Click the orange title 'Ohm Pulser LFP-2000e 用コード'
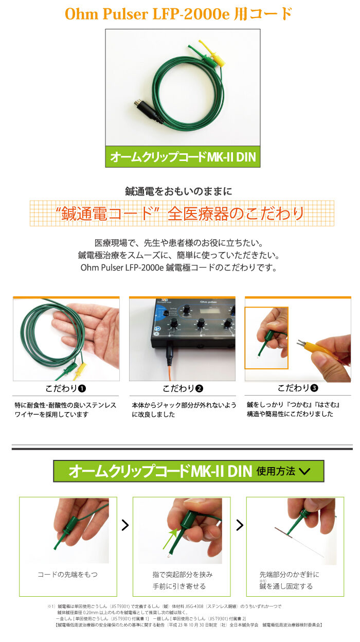[178, 14]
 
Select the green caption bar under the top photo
[183, 157]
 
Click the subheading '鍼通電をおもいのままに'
[178, 191]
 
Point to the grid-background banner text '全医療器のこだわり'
[236, 214]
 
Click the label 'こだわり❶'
[66, 388]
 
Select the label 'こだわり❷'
[183, 388]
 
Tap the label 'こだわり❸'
[298, 388]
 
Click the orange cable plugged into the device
[169, 370]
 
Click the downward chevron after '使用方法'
[304, 471]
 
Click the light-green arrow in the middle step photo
[170, 539]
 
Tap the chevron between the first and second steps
[125, 525]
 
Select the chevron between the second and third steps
[240, 525]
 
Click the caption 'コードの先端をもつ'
[68, 575]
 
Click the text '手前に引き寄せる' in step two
[179, 586]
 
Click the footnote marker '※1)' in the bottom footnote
[51, 607]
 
